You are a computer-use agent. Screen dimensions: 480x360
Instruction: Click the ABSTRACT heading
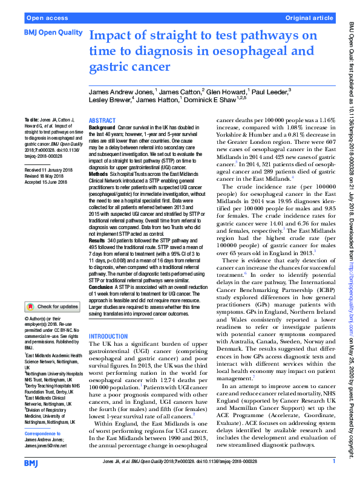(x=102, y=121)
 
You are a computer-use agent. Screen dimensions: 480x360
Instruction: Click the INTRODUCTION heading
(x=108, y=336)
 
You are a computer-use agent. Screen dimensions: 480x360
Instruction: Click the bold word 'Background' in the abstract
(x=102, y=129)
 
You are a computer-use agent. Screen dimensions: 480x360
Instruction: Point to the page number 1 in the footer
(x=333, y=461)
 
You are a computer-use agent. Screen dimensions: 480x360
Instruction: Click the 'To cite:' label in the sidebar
(x=31, y=120)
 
